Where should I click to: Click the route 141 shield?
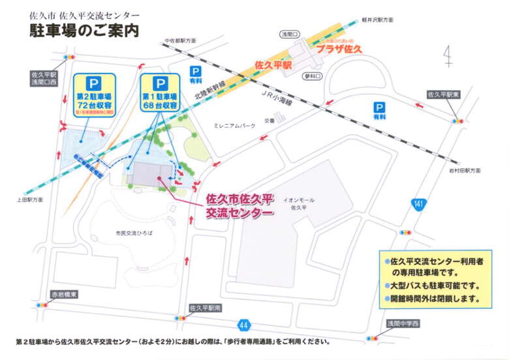coord(419,205)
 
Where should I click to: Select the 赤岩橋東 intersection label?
coord(65,294)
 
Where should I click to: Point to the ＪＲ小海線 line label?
coord(275,100)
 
